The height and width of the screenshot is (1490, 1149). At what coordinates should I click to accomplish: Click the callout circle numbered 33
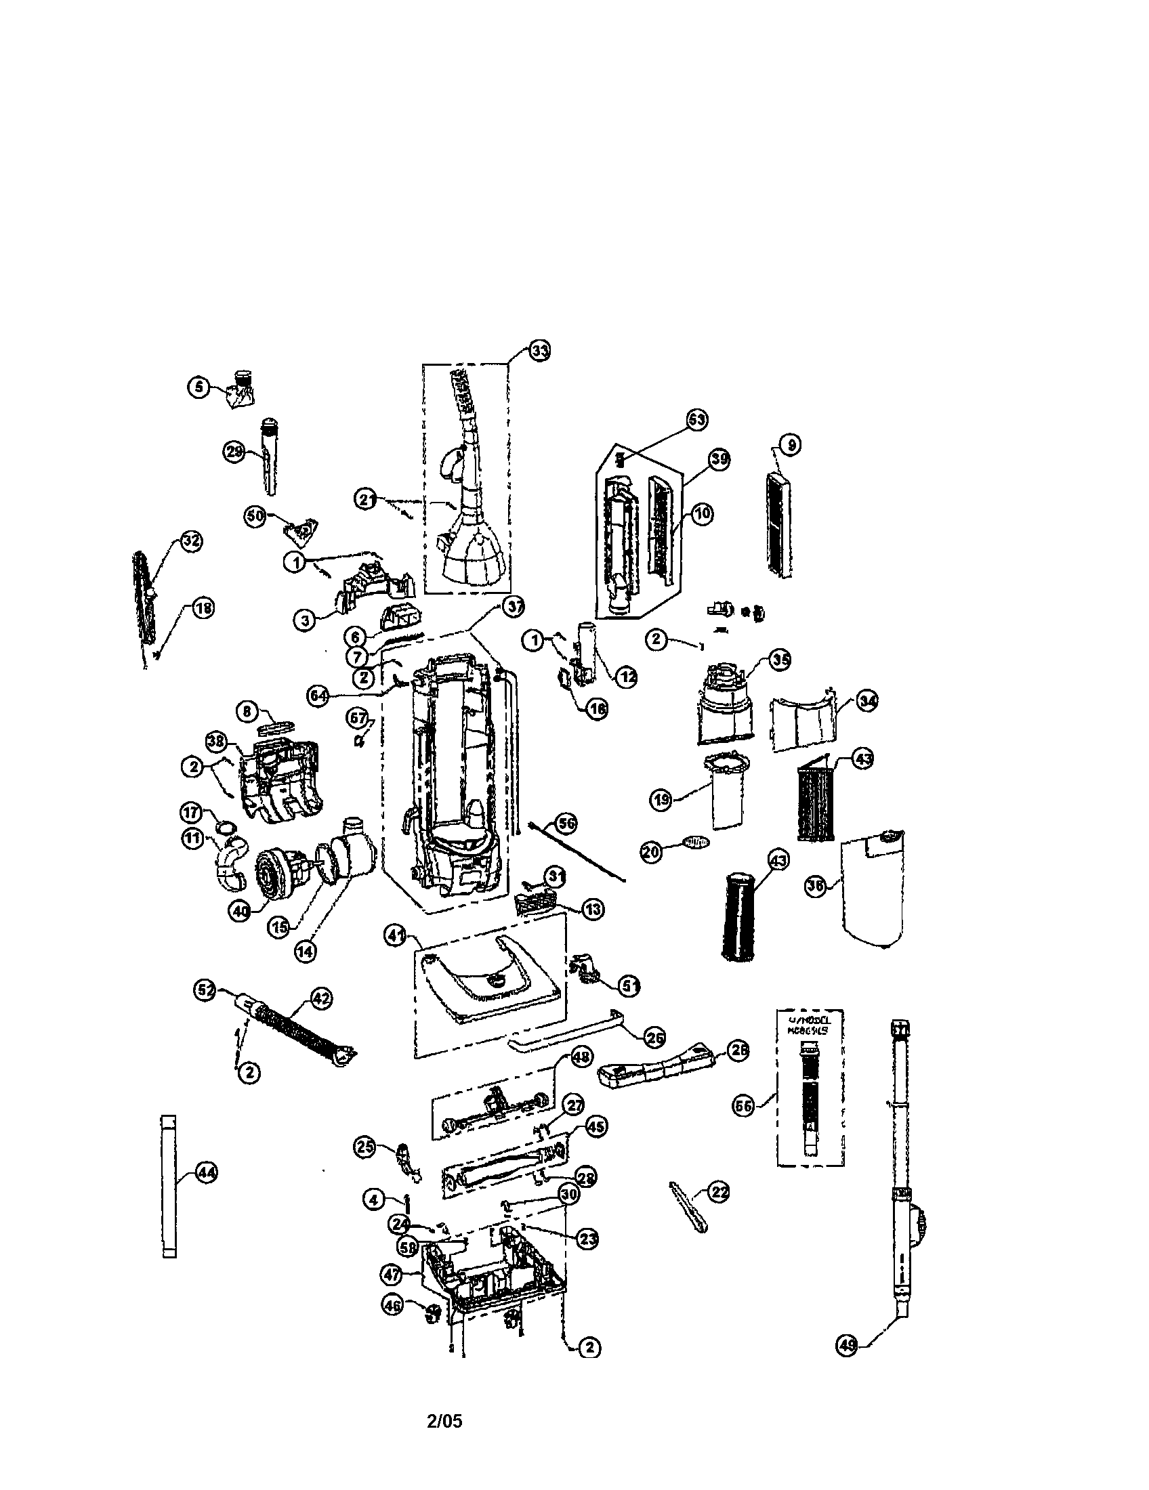tap(539, 352)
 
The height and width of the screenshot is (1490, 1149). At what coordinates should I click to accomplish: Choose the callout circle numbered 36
tap(816, 887)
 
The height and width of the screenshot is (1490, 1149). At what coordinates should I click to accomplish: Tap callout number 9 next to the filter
tap(791, 445)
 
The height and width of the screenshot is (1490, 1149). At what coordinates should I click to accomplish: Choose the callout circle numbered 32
tap(191, 541)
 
